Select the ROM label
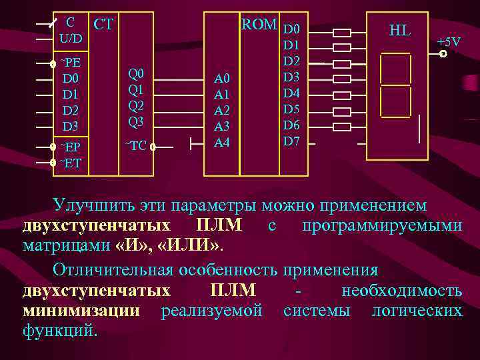(x=259, y=25)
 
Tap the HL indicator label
(x=399, y=30)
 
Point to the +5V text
(x=449, y=42)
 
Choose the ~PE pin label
(x=71, y=63)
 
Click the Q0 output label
(x=136, y=73)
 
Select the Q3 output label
(x=136, y=121)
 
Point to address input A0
(x=221, y=79)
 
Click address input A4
(x=221, y=142)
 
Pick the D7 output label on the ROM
(x=292, y=141)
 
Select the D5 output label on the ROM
(x=292, y=109)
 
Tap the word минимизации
(x=81, y=311)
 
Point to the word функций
(x=60, y=329)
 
